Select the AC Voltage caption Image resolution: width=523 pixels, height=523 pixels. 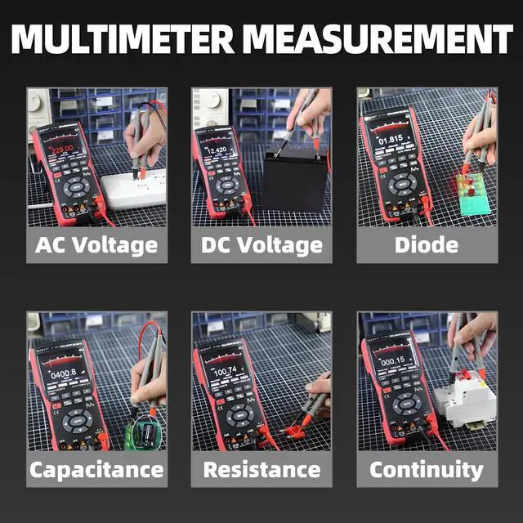(x=96, y=244)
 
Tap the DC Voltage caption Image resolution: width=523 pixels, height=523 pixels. (x=261, y=244)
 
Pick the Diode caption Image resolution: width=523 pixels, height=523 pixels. (x=426, y=244)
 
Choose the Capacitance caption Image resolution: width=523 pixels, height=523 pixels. (x=96, y=469)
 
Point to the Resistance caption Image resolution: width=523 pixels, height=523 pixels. (x=261, y=469)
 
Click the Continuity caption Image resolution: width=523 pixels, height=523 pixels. (x=426, y=469)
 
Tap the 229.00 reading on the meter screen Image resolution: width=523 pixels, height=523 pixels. (x=60, y=150)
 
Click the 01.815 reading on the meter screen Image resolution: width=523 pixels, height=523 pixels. (x=390, y=140)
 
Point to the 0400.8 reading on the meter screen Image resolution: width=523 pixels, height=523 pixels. (x=62, y=373)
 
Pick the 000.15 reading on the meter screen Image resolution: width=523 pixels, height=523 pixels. (x=391, y=360)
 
